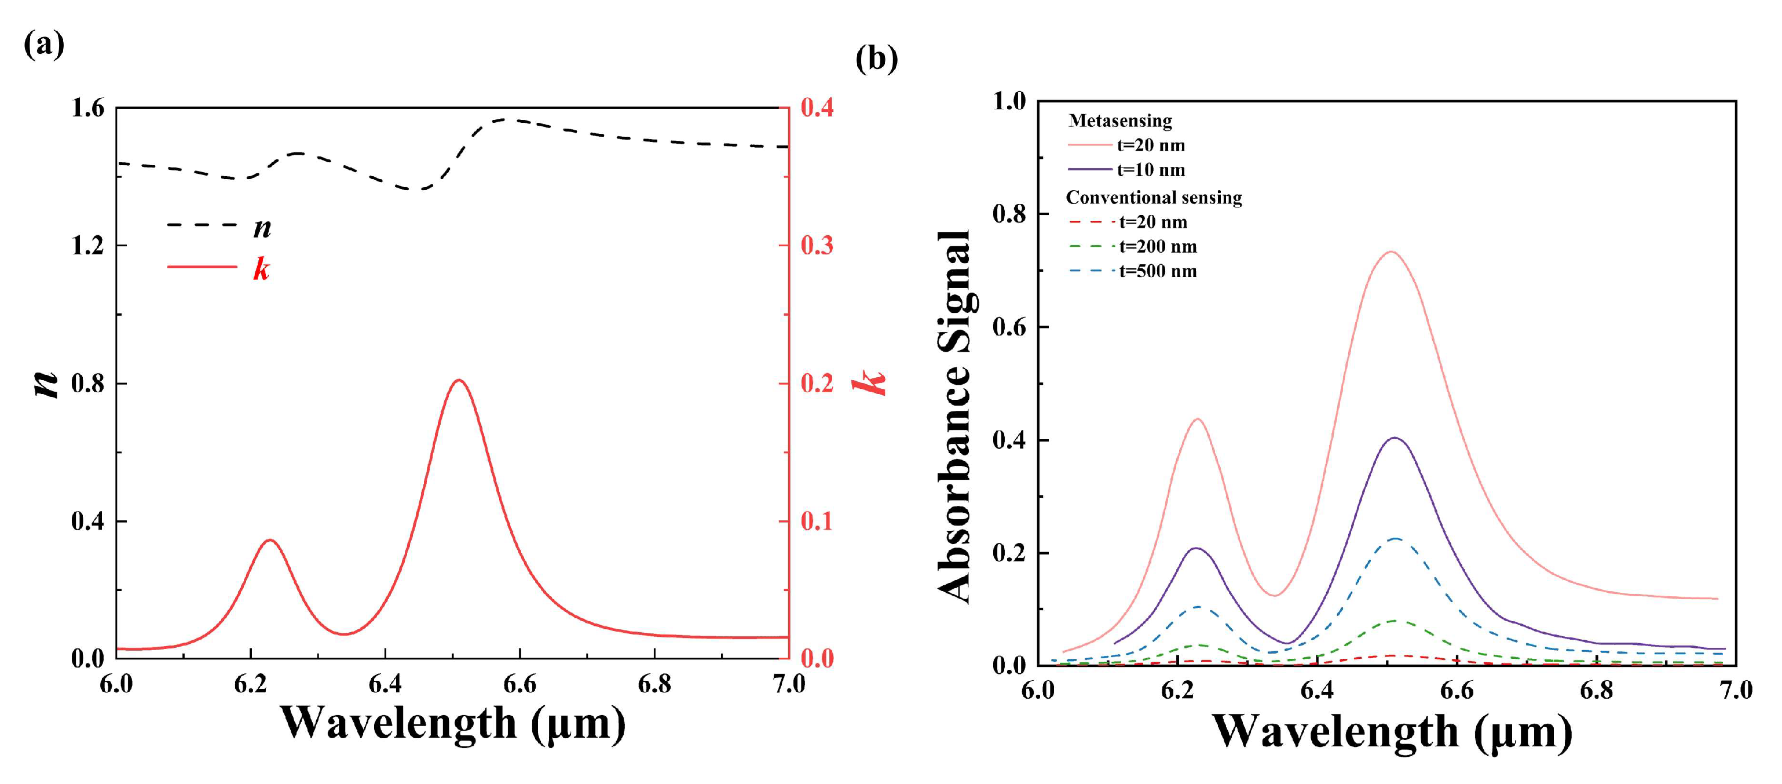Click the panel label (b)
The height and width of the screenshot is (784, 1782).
(876, 59)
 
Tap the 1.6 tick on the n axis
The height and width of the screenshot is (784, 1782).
(88, 108)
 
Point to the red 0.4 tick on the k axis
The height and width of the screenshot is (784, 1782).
(817, 108)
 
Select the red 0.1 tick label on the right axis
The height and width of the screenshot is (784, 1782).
(817, 521)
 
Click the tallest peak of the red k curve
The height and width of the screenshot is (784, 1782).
(458, 380)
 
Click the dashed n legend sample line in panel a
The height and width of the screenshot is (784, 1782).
(202, 225)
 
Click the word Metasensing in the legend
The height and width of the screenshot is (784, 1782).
(1119, 121)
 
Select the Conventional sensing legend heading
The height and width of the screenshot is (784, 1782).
(1153, 198)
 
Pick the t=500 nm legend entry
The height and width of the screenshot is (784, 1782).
(1157, 271)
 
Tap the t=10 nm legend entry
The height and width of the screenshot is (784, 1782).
(1150, 170)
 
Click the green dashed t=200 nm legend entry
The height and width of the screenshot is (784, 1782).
(1157, 247)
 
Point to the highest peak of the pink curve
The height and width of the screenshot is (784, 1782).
(1391, 252)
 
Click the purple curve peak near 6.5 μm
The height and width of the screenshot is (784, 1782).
(1395, 438)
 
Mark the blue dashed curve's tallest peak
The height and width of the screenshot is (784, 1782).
(1395, 538)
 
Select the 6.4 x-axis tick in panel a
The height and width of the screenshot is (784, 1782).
(385, 684)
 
